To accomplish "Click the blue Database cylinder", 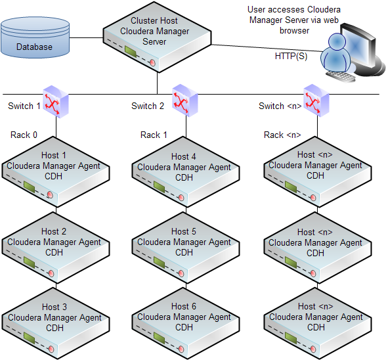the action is (x=35, y=37).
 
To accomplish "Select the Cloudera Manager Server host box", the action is (x=157, y=37).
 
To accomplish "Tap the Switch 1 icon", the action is (x=56, y=102).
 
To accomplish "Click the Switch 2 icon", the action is (x=185, y=101).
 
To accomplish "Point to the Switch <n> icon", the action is (x=316, y=101).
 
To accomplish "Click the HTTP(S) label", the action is (x=291, y=56).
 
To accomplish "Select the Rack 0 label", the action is (x=24, y=135).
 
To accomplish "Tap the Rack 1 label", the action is (x=154, y=135).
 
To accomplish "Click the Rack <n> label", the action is (x=282, y=135).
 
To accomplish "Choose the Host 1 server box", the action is (x=55, y=171).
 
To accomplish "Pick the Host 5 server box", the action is (x=186, y=248).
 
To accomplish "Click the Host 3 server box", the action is (x=55, y=323).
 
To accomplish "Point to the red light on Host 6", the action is (x=181, y=349).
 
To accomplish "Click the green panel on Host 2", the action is (x=30, y=262).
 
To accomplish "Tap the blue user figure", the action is (x=336, y=53).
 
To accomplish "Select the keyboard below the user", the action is (x=341, y=76).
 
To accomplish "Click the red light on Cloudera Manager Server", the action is (x=152, y=62).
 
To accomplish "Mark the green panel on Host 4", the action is (x=159, y=187).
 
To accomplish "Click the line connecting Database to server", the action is (x=86, y=37).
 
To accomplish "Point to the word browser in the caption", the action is (x=294, y=31).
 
